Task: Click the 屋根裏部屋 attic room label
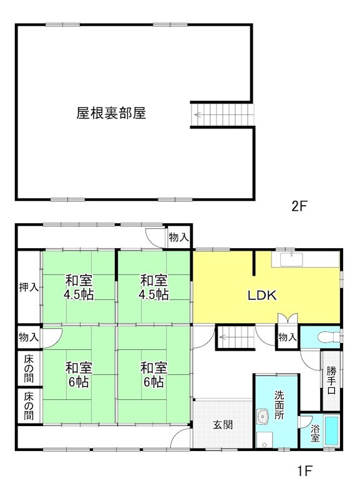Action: click(x=111, y=114)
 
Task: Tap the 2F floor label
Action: click(x=300, y=207)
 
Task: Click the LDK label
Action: click(x=263, y=296)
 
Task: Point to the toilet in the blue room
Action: click(x=327, y=337)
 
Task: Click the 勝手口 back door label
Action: click(x=331, y=380)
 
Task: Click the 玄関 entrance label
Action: click(x=223, y=425)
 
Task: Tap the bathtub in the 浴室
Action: click(x=331, y=432)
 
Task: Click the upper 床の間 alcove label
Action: click(x=29, y=368)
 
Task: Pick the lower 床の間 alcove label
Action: click(x=29, y=404)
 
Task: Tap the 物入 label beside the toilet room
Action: click(x=287, y=337)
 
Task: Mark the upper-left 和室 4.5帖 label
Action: click(x=79, y=288)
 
